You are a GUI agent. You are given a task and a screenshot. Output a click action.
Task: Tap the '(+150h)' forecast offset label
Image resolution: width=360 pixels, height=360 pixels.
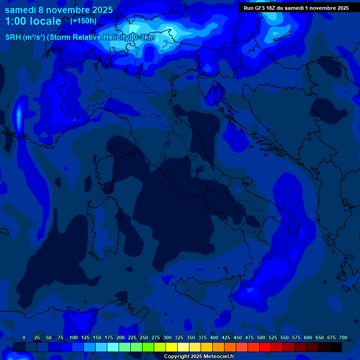coord(83,21)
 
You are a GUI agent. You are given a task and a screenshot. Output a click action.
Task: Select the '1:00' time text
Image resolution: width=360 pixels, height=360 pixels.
coord(15,21)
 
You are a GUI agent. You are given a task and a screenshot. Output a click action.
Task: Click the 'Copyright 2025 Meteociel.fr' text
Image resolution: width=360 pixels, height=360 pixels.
coord(199,357)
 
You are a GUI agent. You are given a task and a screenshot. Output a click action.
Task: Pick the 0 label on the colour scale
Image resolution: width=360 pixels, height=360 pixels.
coord(24,337)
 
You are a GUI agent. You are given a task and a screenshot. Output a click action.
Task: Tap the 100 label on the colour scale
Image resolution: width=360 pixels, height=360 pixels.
coord(74,337)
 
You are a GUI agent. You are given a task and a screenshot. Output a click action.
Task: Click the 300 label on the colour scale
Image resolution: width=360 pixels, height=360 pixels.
coord(167,337)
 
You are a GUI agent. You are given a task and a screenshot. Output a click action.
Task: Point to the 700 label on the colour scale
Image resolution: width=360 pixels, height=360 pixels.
coord(343,337)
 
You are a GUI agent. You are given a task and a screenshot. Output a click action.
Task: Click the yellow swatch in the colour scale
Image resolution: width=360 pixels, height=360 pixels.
coord(172,347)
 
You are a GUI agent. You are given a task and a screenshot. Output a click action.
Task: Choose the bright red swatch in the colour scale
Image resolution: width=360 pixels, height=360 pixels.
coord(265,347)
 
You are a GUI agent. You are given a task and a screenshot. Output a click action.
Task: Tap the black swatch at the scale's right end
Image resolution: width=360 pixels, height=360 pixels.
coord(336,347)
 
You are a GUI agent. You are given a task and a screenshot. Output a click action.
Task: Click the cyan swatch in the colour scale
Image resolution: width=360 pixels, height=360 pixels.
coord(113,347)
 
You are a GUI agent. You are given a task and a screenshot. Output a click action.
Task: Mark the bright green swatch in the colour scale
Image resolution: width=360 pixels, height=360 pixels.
coord(148,347)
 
